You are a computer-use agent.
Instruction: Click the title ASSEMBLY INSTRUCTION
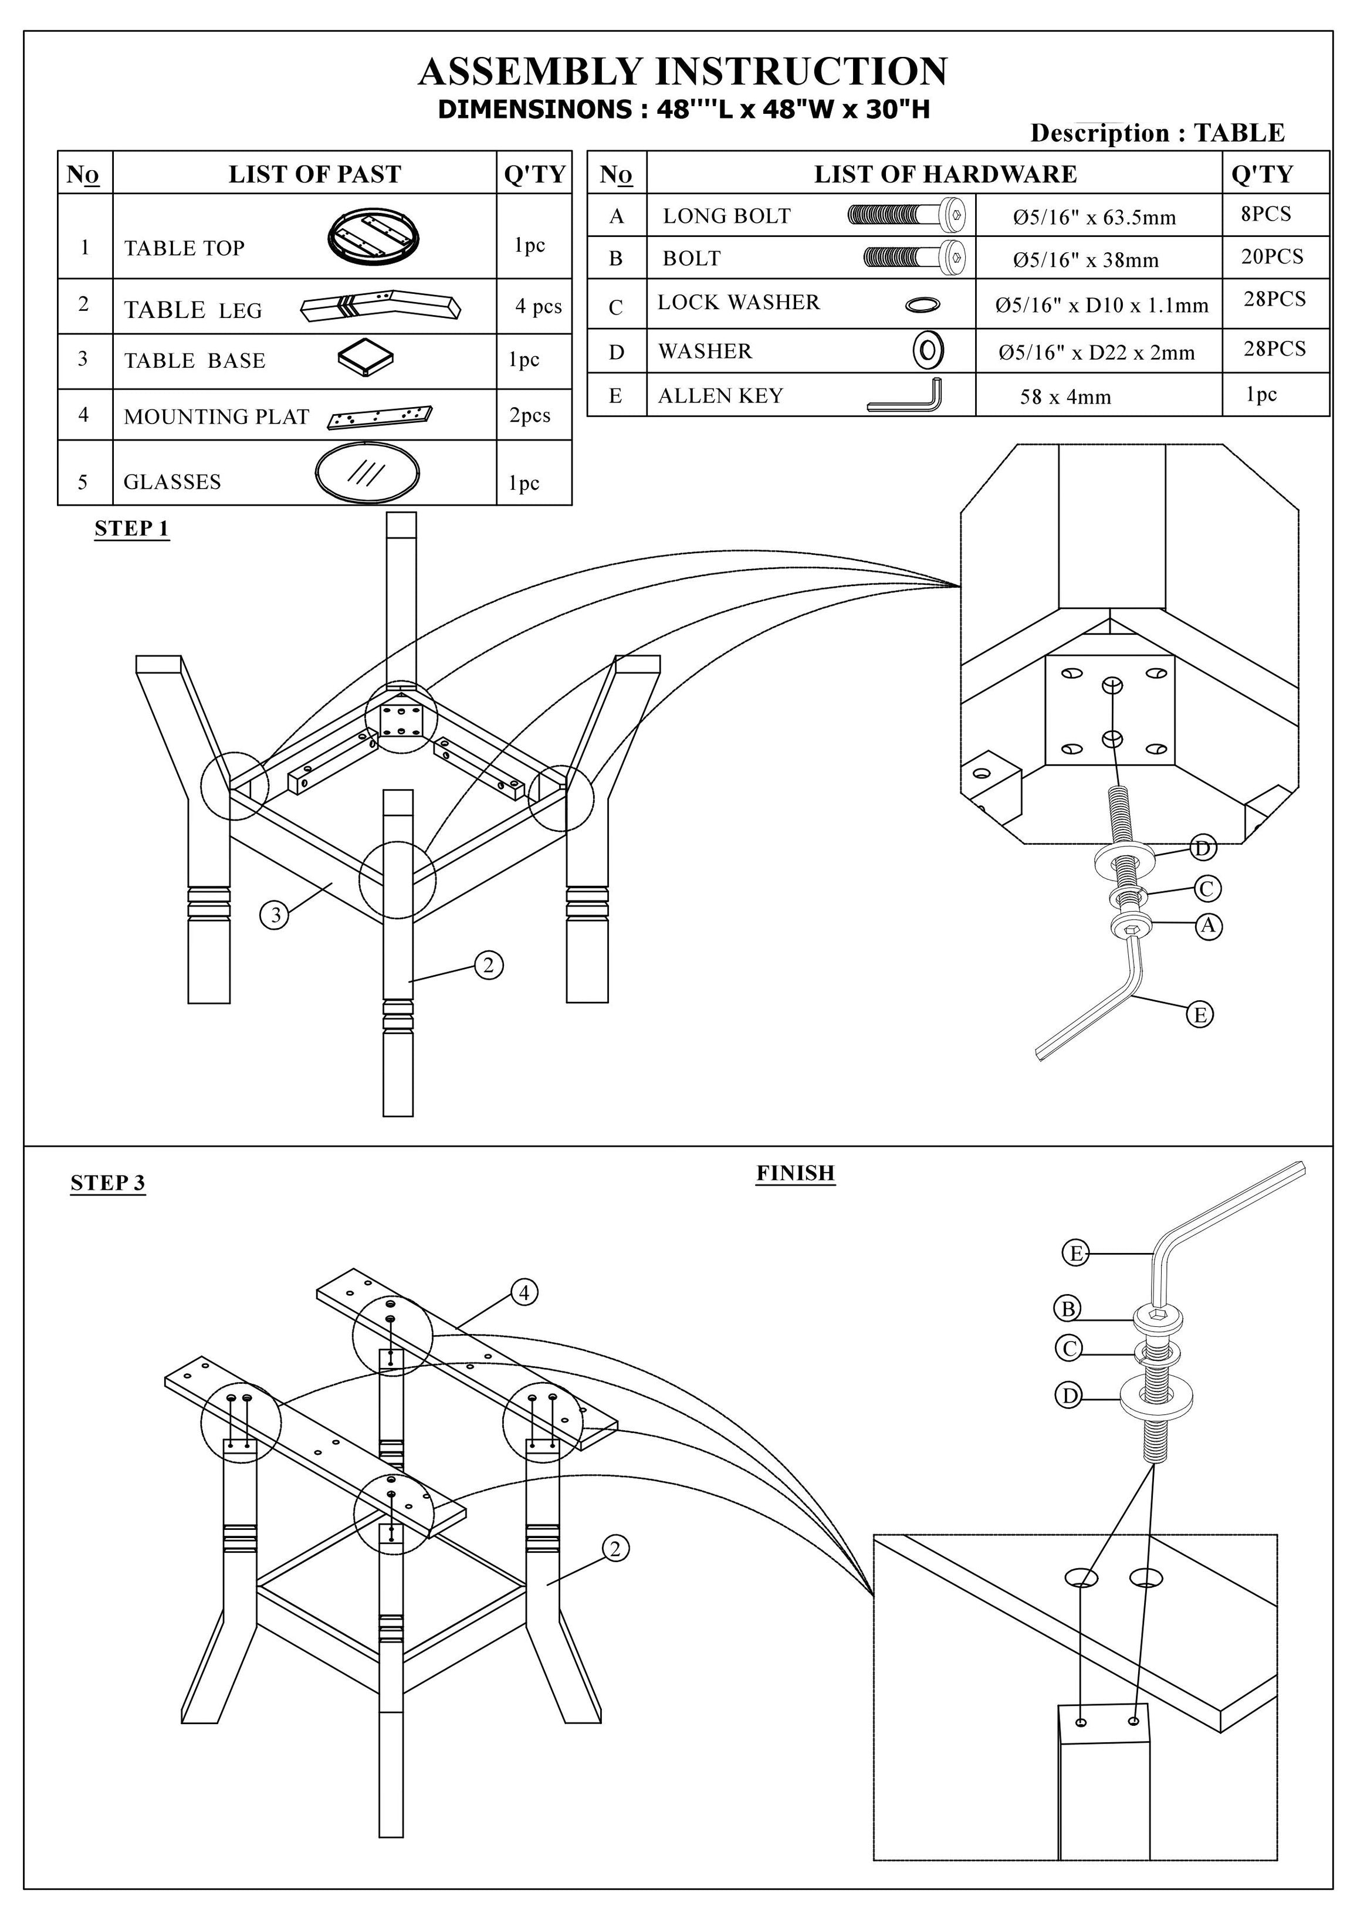point(682,72)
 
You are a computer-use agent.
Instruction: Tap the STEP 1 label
point(131,529)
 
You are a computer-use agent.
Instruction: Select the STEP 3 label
point(108,1183)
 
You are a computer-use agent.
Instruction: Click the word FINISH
point(795,1173)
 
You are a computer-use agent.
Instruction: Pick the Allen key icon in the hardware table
point(905,395)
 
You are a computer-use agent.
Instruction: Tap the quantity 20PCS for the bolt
point(1272,257)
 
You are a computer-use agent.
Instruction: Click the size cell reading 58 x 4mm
point(1065,397)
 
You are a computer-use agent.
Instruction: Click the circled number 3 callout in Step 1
point(275,916)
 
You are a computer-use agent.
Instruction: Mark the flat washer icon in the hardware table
point(927,350)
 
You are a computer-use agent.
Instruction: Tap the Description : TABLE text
point(1156,133)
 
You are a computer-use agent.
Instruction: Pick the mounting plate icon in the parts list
point(380,416)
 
